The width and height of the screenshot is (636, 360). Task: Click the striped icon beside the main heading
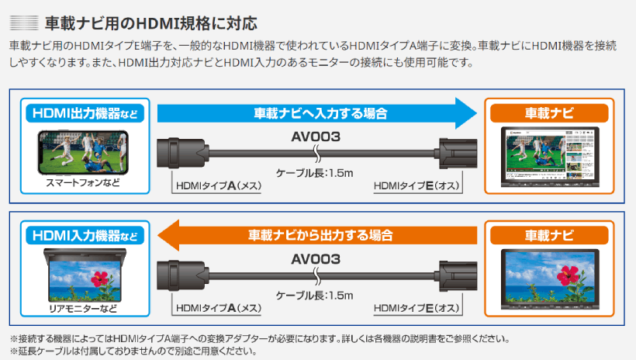click(24, 22)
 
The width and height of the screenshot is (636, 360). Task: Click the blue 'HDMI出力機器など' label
click(85, 113)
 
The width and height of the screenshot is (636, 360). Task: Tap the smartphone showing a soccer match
click(83, 152)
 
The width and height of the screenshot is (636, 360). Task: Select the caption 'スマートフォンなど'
click(83, 182)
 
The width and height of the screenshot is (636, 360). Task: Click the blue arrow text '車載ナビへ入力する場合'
click(320, 113)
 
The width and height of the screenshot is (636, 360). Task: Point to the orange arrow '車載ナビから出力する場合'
click(317, 235)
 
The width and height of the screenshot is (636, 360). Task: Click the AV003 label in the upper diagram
click(316, 137)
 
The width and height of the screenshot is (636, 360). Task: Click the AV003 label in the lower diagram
click(316, 259)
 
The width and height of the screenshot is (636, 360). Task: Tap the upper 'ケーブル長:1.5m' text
click(314, 173)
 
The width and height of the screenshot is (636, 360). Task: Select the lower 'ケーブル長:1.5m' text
click(314, 296)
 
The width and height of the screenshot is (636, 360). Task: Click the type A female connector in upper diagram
click(183, 153)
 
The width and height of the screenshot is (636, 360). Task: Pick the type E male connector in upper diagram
click(456, 154)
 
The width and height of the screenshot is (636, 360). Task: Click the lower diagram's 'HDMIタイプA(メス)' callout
click(219, 308)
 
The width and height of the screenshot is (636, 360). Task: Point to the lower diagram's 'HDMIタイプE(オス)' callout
click(417, 308)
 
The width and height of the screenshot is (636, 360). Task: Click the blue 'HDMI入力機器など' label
click(85, 236)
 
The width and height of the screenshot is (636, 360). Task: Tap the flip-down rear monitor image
click(85, 275)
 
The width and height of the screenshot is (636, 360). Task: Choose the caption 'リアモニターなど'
click(83, 309)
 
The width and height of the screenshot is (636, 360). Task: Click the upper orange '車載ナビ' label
click(549, 112)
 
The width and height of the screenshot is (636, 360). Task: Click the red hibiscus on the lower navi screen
click(568, 275)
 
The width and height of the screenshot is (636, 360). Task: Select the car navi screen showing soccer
click(550, 156)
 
